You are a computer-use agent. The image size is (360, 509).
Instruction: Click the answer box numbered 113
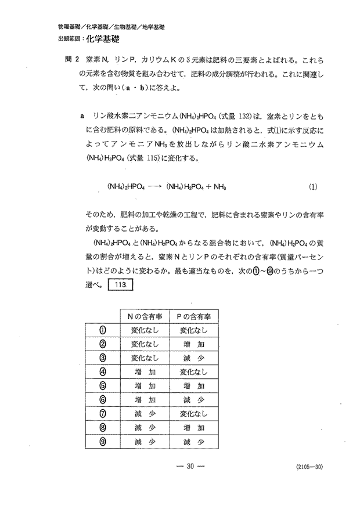121,286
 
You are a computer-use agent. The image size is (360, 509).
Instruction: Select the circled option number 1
103,330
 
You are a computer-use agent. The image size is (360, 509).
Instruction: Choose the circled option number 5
103,385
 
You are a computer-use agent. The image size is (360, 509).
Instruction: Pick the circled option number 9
103,442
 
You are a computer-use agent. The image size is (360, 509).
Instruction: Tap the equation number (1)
313,187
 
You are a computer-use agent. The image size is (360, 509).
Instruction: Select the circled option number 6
103,400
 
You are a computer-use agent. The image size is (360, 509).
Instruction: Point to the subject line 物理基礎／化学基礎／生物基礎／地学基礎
111,27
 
